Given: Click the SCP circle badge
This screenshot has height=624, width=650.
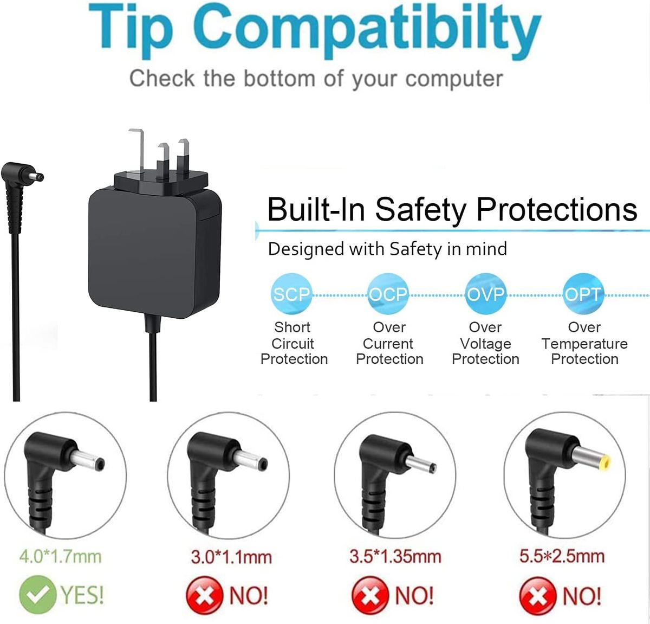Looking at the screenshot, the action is point(291,294).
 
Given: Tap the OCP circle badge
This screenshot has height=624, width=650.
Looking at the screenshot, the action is point(388,294).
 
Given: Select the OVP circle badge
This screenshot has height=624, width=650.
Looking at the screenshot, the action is point(485,294).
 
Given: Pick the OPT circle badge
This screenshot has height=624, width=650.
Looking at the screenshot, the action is point(583,294).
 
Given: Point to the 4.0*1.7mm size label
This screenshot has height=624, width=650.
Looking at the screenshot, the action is point(61,557).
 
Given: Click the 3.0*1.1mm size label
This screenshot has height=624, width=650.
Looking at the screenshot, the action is point(231,557).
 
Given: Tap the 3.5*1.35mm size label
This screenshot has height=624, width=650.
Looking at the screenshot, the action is point(395,556).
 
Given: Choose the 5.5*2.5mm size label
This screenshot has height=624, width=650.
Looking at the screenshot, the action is point(562,556).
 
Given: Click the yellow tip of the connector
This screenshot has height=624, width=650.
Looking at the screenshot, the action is point(605,463).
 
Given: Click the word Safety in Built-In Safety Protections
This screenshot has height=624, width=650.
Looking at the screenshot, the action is point(420,210).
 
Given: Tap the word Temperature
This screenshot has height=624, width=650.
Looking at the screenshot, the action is point(584,344).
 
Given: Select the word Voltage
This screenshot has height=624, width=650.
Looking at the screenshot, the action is point(486,344).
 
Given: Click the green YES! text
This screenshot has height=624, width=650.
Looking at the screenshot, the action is point(82,595).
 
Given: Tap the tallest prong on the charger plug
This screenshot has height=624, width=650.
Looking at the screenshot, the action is point(138,150).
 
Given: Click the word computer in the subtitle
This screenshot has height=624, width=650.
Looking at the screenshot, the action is point(454,79).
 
